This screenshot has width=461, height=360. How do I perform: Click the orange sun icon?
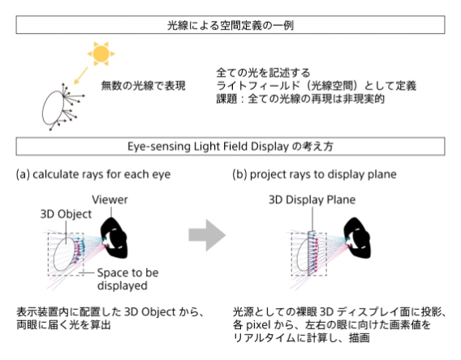101,54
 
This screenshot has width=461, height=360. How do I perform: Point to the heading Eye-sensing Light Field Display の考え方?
230,148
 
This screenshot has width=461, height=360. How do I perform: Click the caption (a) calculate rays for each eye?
86,174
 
